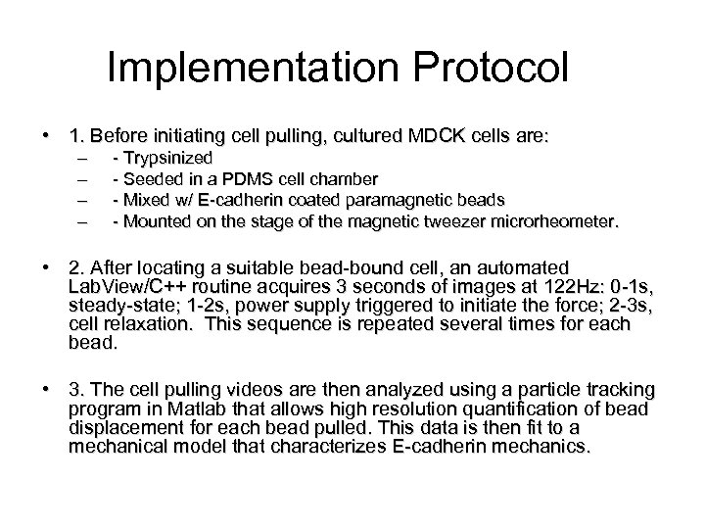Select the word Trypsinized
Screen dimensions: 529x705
point(167,157)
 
